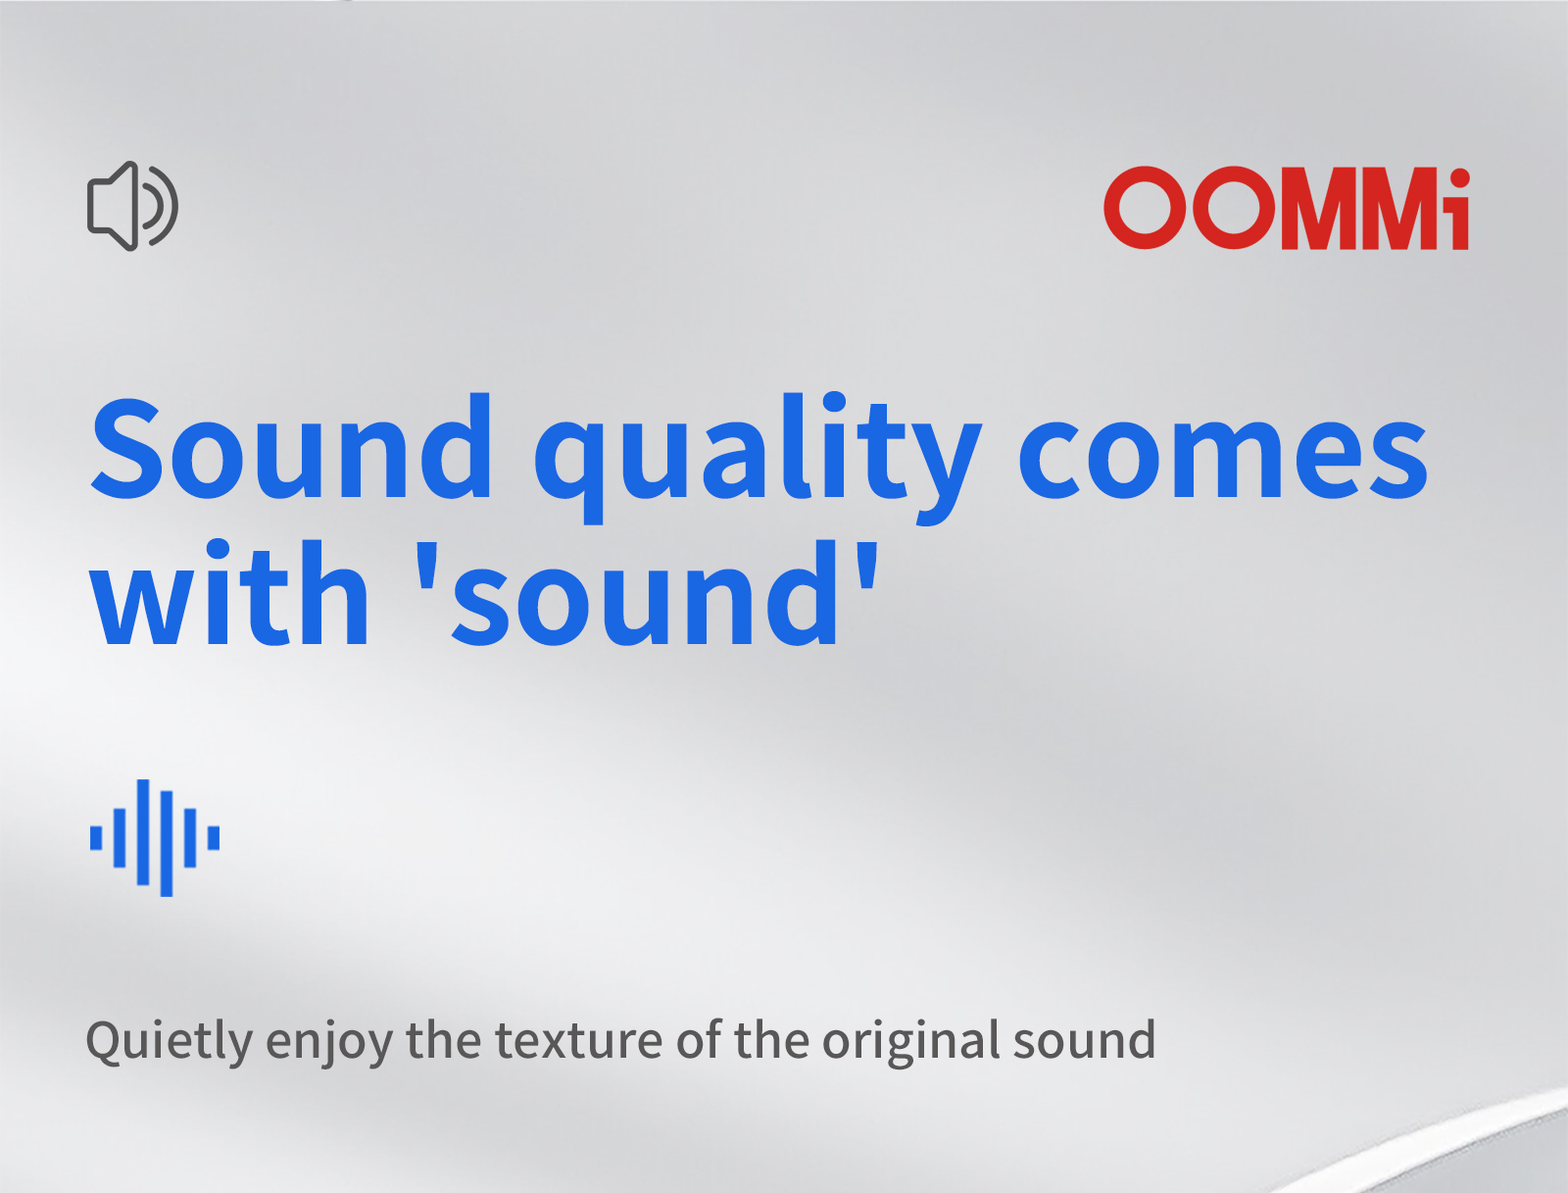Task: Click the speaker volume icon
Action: coord(132,206)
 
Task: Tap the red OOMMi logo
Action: coord(1286,208)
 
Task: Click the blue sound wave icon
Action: coord(154,837)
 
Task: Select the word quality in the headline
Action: coord(758,457)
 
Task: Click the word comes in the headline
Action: coord(1222,457)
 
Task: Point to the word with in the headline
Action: coord(229,592)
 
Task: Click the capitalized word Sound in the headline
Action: coord(291,446)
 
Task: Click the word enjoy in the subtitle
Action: coord(329,1044)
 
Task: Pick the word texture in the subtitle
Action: coord(579,1040)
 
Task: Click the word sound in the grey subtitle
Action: coord(1085,1039)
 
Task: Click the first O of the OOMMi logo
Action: coord(1146,208)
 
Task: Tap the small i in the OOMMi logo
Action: coord(1459,210)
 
